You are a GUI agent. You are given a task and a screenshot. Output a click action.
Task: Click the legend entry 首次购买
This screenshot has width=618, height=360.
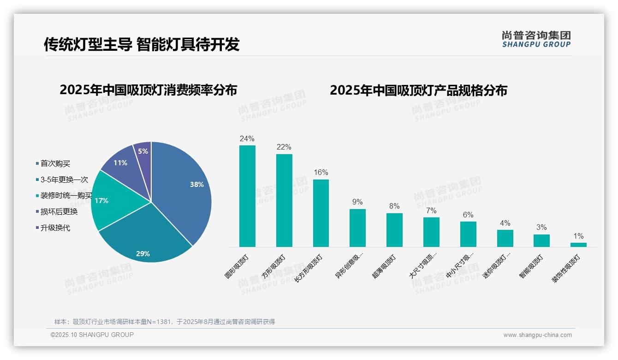tap(55, 163)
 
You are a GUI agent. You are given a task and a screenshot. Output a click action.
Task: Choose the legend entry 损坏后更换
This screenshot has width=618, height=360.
tap(59, 212)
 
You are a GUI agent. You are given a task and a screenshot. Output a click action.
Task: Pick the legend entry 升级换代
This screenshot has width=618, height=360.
tap(55, 228)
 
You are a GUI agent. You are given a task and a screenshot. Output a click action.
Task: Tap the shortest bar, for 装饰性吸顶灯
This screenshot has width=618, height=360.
tap(578, 245)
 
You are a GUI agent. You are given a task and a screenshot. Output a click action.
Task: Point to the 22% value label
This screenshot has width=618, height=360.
tap(284, 147)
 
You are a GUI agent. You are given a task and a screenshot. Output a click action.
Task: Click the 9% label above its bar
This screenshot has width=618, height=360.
tap(357, 202)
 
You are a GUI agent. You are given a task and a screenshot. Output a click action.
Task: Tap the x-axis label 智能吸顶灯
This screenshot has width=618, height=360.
tap(532, 266)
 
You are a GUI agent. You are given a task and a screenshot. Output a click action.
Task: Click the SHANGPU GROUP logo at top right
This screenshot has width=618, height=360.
tap(536, 39)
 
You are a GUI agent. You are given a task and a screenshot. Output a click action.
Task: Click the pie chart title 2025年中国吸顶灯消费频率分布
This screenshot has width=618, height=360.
tap(148, 90)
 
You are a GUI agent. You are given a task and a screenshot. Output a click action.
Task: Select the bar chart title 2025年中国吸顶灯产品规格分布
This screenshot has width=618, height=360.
tap(418, 90)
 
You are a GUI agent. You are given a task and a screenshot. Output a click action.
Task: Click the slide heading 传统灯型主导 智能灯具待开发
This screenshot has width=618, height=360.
tap(142, 44)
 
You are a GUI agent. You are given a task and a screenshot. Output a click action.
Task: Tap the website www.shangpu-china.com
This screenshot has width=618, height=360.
tap(537, 335)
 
